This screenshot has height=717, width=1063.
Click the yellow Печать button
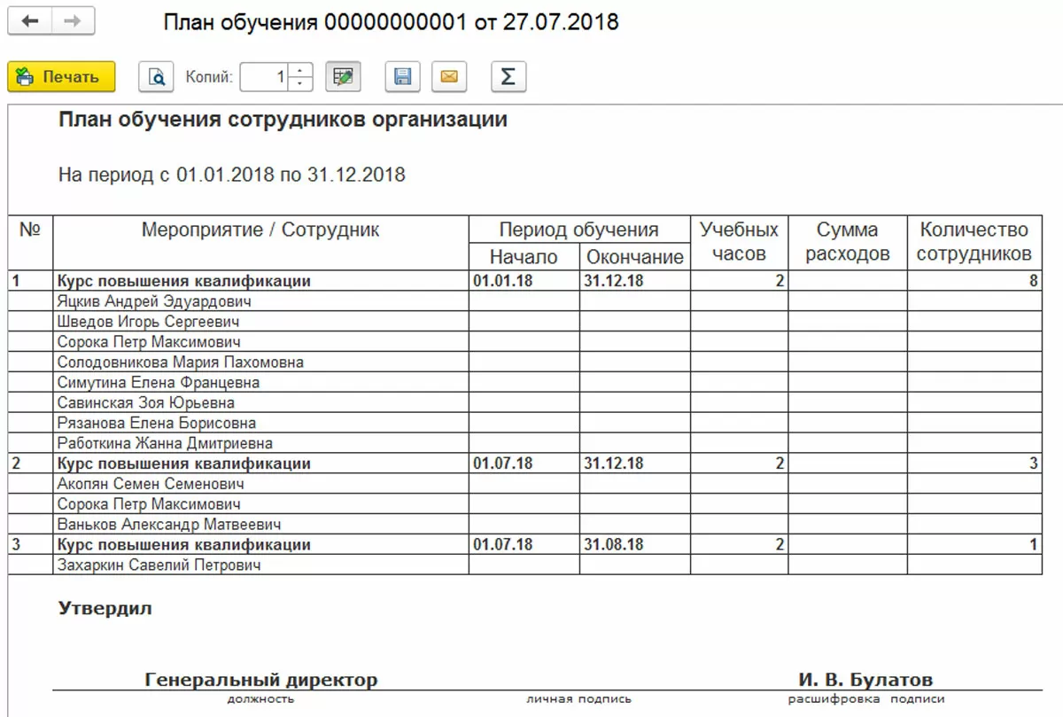click(61, 77)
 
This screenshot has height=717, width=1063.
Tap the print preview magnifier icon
click(156, 77)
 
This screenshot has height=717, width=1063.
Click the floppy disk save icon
click(402, 77)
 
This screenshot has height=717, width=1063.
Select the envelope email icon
click(449, 77)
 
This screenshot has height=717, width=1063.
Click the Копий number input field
click(265, 77)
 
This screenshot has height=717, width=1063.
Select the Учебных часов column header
click(739, 242)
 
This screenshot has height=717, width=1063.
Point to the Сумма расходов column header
click(847, 242)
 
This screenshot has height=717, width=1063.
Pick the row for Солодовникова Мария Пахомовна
click(180, 362)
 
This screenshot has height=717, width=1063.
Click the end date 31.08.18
click(613, 544)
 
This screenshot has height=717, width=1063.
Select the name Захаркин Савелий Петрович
click(159, 565)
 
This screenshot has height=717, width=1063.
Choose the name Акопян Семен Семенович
click(150, 484)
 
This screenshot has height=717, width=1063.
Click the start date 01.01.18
click(502, 281)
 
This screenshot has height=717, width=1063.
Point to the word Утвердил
click(105, 609)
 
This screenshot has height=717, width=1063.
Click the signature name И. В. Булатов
click(865, 681)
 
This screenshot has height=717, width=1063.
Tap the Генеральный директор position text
click(260, 681)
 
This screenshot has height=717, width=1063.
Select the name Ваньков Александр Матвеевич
click(168, 525)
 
